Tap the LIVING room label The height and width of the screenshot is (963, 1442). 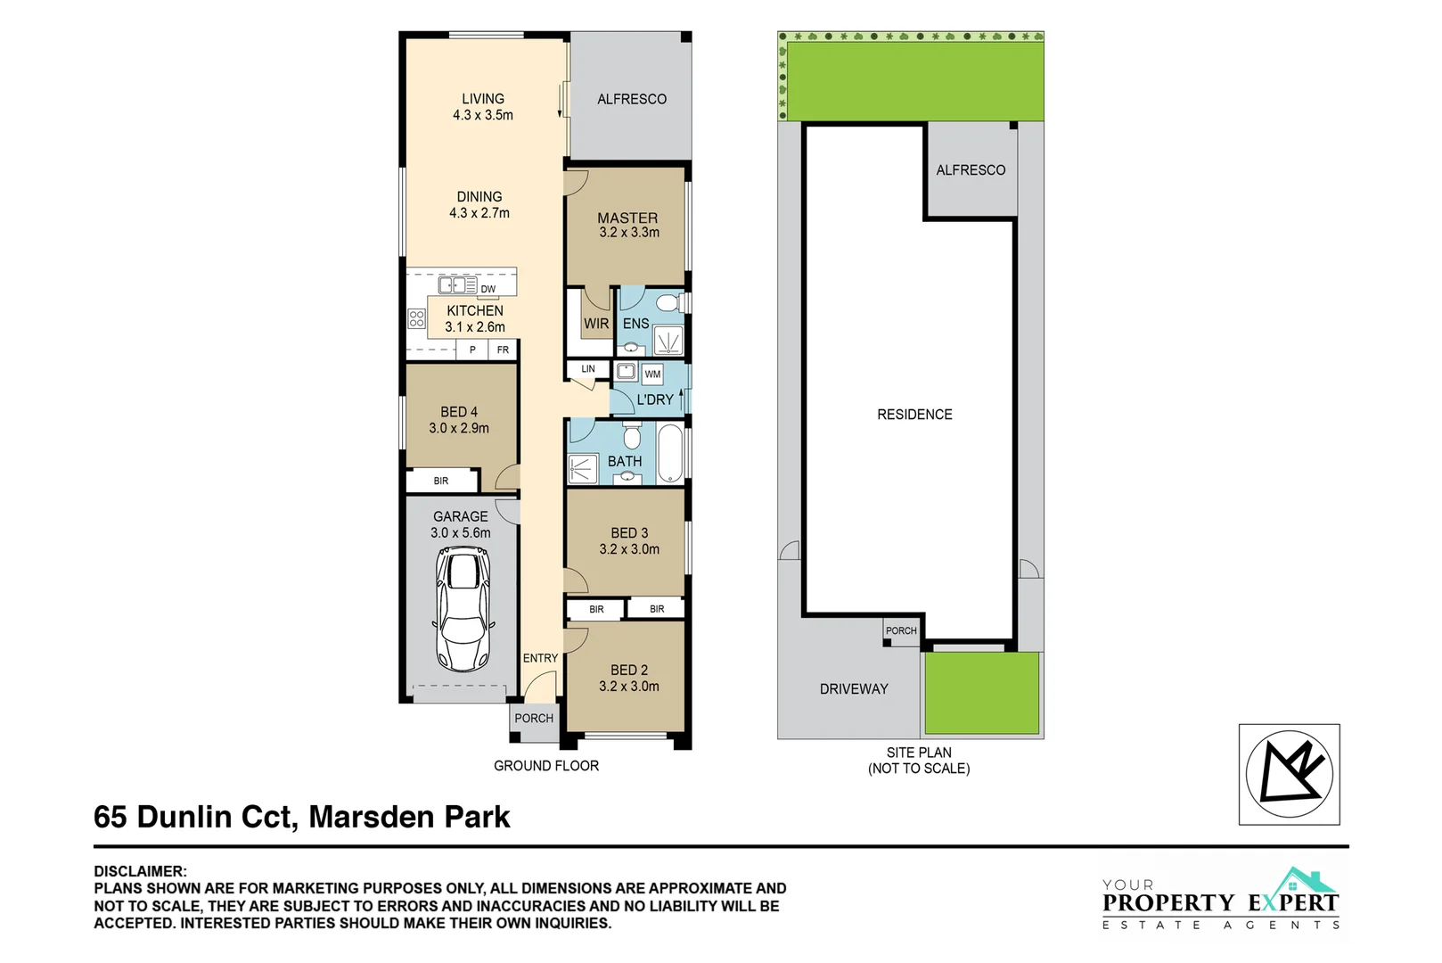(482, 99)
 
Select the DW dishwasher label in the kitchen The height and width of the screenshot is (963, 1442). (488, 289)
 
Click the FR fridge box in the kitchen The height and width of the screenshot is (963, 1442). (503, 350)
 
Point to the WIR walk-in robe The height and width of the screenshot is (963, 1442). (595, 324)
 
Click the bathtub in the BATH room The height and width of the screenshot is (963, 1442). (669, 452)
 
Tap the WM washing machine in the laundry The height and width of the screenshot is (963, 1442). (652, 374)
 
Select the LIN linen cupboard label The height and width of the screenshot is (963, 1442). (588, 369)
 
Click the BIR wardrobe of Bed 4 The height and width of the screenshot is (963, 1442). (441, 481)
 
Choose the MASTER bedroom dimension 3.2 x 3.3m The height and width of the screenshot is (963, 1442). (629, 233)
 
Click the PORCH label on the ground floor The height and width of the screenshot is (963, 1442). (534, 719)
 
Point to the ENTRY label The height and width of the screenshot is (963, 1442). (540, 658)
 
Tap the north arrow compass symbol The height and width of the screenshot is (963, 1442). (1289, 773)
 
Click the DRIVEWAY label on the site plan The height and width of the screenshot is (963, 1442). (854, 689)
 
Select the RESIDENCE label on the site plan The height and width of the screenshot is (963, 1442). (914, 415)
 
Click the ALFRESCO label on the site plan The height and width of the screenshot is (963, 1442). (971, 170)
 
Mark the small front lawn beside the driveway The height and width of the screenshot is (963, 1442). (981, 693)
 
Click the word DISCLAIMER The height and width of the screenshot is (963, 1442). (140, 871)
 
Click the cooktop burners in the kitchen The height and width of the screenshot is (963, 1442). (416, 317)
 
